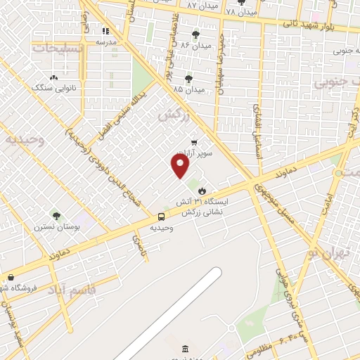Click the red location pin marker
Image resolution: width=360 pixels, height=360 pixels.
pyautogui.click(x=181, y=166)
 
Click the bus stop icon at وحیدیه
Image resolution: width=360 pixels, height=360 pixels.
pyautogui.click(x=162, y=217)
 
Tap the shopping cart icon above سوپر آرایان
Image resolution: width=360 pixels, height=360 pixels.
pyautogui.click(x=193, y=143)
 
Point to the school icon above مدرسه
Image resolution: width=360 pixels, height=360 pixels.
pyautogui.click(x=105, y=31)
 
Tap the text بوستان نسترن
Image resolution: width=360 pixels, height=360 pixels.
pyautogui.click(x=56, y=228)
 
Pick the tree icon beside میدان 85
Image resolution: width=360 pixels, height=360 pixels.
pyautogui.click(x=188, y=79)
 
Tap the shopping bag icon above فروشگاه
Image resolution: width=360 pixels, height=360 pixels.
pyautogui.click(x=10, y=278)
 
